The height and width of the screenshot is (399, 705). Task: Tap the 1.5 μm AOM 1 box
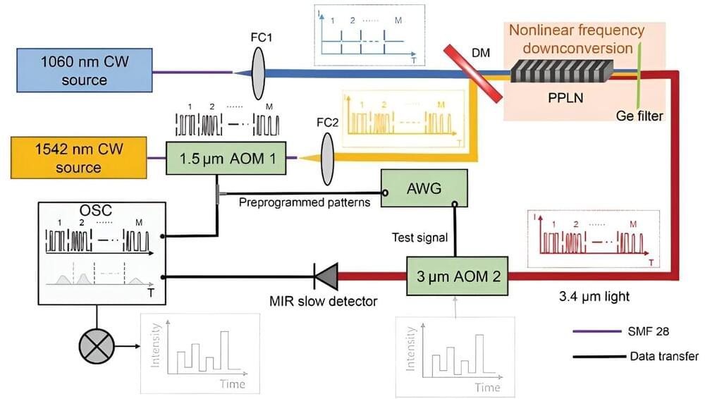[x=226, y=158]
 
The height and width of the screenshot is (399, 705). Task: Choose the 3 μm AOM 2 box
[x=457, y=277]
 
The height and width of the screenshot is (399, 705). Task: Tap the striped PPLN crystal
[x=561, y=70]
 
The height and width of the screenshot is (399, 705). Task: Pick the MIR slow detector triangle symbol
[x=325, y=277]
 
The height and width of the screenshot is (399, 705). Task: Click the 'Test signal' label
[x=421, y=237]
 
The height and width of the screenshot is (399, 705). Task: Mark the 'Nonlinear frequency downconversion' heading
[x=576, y=39]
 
